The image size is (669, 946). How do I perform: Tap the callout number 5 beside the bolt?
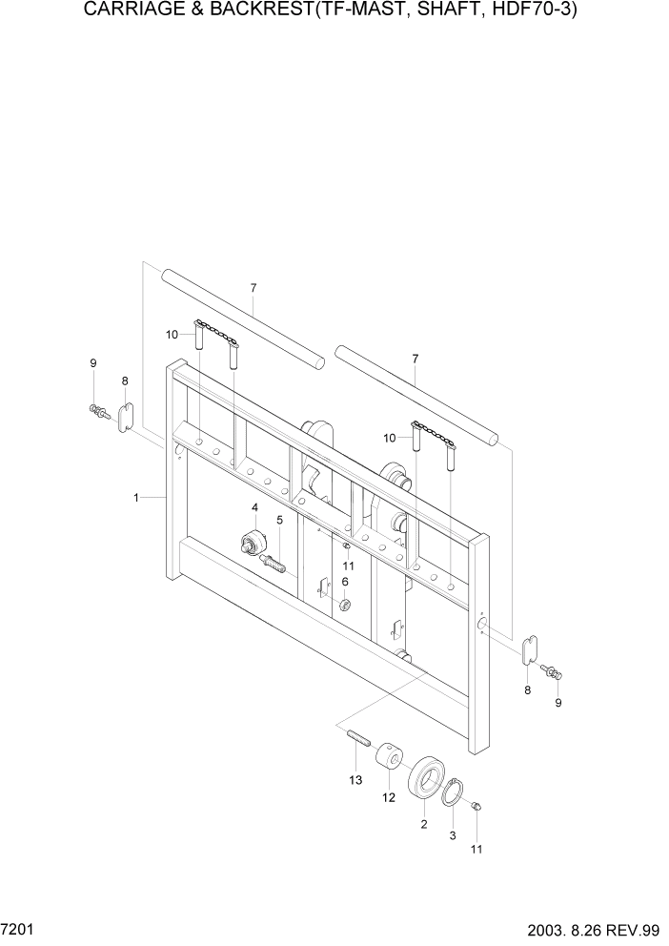tap(279, 520)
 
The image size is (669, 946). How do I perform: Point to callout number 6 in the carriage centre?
tap(345, 581)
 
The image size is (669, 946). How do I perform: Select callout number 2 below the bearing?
tap(423, 823)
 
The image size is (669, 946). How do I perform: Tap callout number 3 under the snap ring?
tap(452, 835)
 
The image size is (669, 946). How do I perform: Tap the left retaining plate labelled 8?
tap(125, 418)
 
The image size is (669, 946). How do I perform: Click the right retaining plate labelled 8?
tap(531, 650)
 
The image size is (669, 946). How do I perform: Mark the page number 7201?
tap(17, 928)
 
